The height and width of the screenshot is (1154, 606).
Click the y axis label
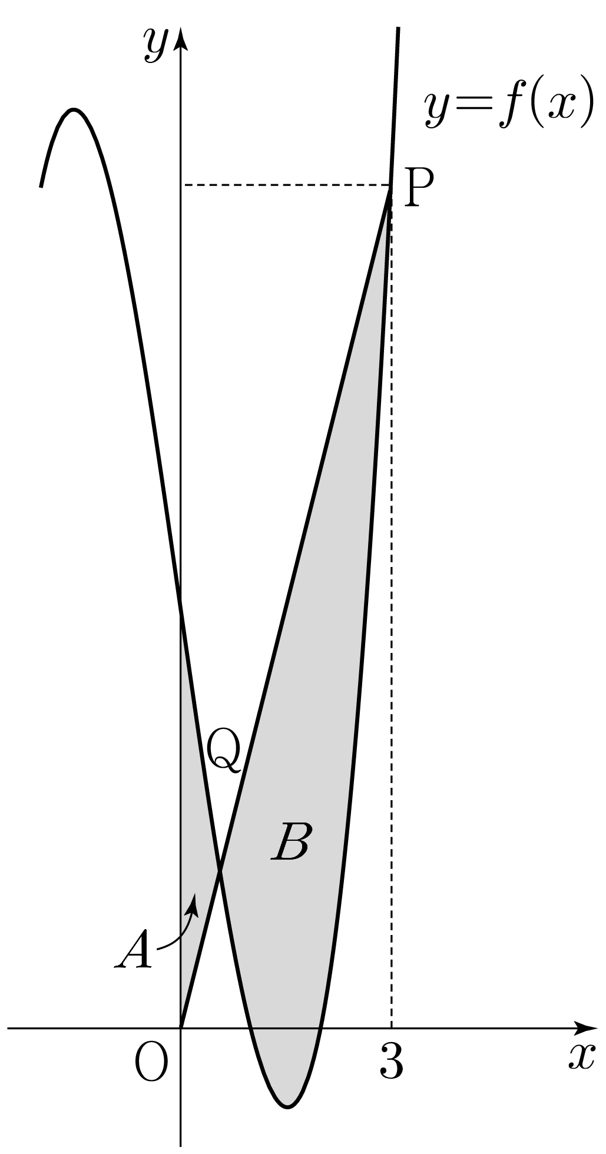pyautogui.click(x=154, y=45)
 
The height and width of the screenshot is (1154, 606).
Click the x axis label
pyautogui.click(x=582, y=1057)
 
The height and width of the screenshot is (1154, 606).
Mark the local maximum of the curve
pyautogui.click(x=73, y=110)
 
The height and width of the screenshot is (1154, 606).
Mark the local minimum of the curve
pyautogui.click(x=287, y=1107)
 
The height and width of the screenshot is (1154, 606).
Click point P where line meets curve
pyautogui.click(x=390, y=186)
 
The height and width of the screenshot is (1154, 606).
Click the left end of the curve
pyautogui.click(x=41, y=186)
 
